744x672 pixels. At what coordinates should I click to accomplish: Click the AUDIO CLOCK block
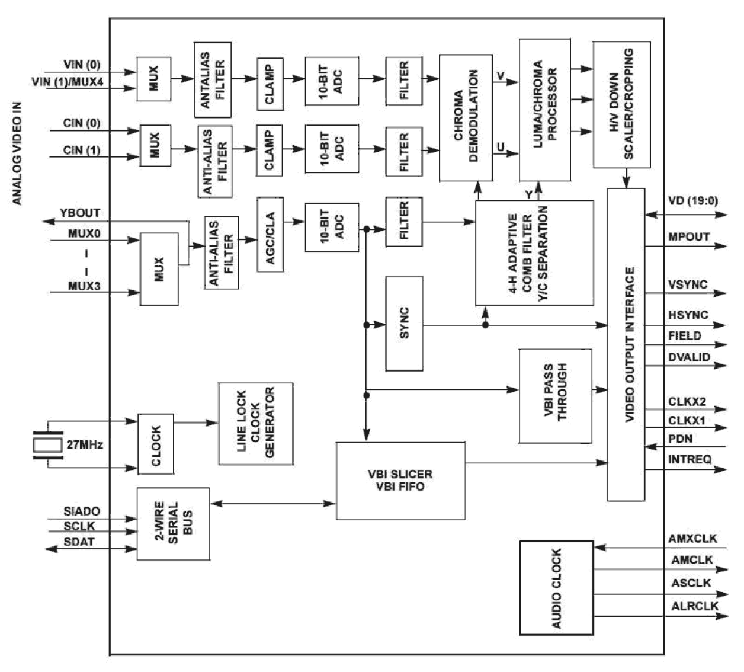coord(556,587)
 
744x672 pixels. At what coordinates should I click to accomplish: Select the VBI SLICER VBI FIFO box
coord(400,480)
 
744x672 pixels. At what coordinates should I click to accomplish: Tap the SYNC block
coord(404,324)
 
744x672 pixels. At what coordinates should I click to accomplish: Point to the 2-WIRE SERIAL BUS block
coord(173,524)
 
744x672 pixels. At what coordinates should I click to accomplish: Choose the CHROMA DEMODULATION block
coord(466,117)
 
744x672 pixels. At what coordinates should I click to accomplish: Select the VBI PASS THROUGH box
coord(555,396)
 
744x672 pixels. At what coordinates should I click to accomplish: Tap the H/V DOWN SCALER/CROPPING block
coord(621,104)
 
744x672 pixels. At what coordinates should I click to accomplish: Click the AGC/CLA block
coord(270,234)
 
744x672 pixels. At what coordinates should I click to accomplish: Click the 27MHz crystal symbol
coord(47,444)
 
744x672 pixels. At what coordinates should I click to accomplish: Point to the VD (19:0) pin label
coord(692,201)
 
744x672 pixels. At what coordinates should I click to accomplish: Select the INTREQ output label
coord(690,459)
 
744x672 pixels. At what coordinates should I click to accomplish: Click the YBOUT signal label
coord(80,213)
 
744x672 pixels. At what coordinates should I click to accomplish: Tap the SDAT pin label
coord(79,542)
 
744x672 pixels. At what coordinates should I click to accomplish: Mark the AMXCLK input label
coord(692,539)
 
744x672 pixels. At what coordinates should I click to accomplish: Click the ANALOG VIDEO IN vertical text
coord(17,153)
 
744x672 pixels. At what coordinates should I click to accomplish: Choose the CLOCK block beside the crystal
coord(156,444)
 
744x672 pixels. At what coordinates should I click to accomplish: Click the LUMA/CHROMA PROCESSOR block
coord(545,110)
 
